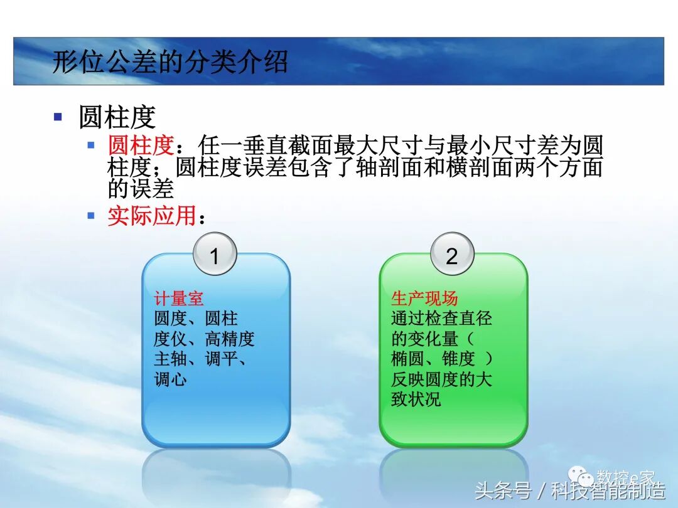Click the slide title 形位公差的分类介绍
[x=169, y=62]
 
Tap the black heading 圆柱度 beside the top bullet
[x=117, y=117]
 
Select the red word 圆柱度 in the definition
[x=140, y=146]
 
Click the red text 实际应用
[x=152, y=216]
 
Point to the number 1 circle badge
[x=215, y=255]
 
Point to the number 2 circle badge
[x=452, y=255]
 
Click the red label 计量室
[x=179, y=299]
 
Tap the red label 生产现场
[x=424, y=299]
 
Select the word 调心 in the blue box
[x=170, y=379]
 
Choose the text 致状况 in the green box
[x=416, y=400]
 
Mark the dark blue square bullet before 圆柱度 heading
[x=58, y=117]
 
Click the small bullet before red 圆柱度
[x=91, y=145]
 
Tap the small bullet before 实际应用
[x=91, y=215]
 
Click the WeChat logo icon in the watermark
[x=586, y=478]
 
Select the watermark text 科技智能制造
[x=608, y=490]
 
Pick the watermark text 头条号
[x=502, y=490]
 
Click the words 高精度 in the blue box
[x=230, y=339]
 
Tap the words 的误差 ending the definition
[x=141, y=188]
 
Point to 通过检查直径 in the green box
[x=441, y=319]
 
